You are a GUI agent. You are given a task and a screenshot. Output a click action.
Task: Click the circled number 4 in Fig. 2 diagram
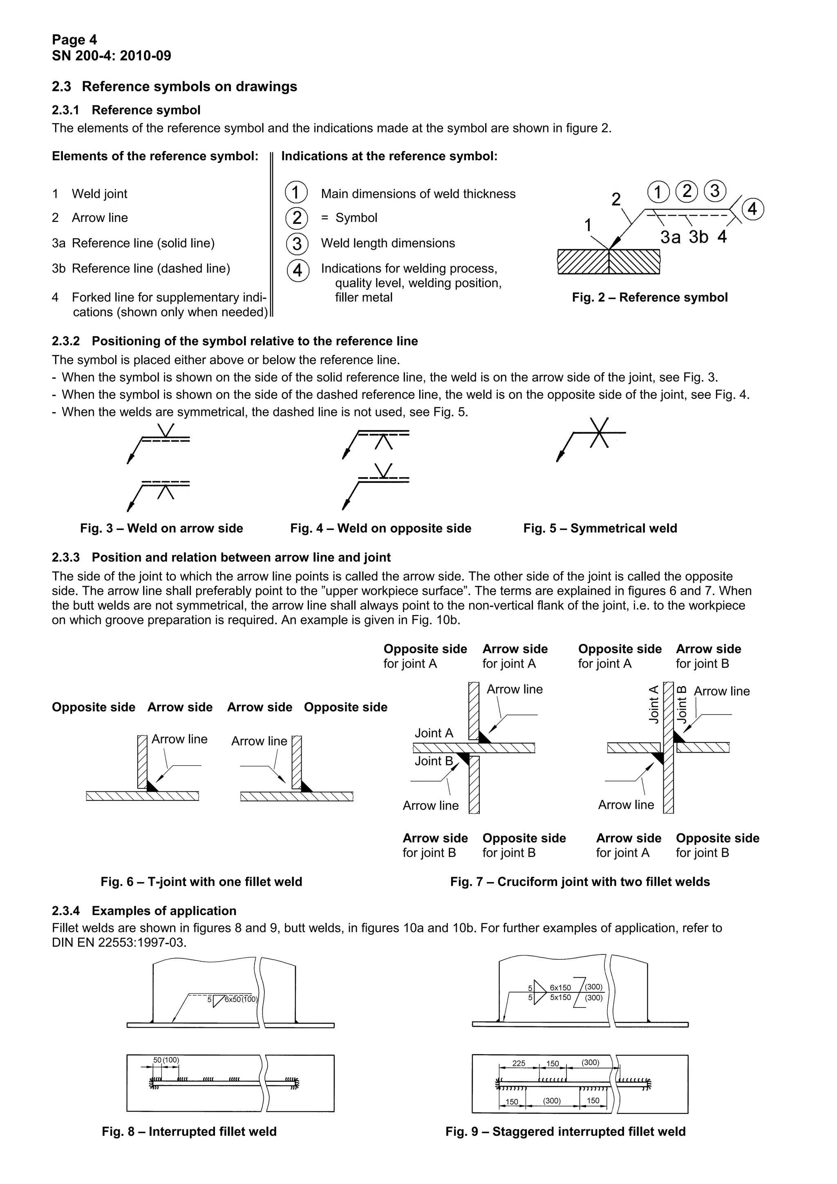pos(752,209)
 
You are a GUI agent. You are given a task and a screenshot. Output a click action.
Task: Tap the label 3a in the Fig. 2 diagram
pos(670,237)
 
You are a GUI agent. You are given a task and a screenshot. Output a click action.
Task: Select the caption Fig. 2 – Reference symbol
pos(650,297)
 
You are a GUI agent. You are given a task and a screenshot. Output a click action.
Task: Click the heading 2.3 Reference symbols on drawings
pos(175,87)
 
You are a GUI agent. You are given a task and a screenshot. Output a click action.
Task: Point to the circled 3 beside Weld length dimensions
pos(297,244)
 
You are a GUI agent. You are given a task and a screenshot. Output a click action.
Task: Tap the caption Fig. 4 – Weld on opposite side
pos(380,529)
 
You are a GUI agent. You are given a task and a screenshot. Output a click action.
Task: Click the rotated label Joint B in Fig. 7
pos(682,704)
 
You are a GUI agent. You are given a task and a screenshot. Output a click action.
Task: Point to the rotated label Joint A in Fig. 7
pos(654,704)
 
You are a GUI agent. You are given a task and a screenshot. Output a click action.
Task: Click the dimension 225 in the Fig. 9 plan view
pos(519,1063)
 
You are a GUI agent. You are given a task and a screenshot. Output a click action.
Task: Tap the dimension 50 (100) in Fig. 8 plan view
pos(166,1060)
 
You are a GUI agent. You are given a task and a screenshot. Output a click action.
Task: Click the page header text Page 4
pos(74,40)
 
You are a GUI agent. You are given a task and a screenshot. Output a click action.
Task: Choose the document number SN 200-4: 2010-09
pos(112,56)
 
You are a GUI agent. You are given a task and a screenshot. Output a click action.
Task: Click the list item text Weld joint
pos(100,194)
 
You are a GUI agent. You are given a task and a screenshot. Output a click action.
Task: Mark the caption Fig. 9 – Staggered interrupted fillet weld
pos(565,1132)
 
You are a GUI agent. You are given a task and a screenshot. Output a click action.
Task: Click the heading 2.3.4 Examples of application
pos(144,911)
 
